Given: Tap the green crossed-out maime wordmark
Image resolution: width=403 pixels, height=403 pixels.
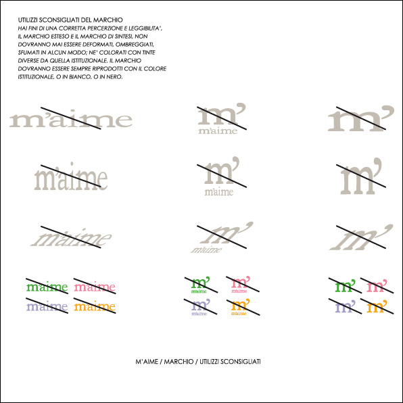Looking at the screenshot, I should point(47,287).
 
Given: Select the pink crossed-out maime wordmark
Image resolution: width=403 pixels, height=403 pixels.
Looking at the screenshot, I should point(95,287).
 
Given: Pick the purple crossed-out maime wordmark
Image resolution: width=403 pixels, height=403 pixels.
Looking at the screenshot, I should point(47,306).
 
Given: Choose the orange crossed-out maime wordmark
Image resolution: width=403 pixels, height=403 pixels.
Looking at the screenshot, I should point(95,306).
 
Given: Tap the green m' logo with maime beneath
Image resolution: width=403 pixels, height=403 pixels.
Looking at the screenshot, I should point(200,284).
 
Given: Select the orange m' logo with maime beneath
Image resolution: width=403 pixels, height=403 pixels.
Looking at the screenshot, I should point(240,306).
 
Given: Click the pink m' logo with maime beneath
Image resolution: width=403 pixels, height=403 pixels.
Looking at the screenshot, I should point(240,284).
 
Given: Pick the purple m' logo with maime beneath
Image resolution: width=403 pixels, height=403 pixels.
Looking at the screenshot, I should point(200,306).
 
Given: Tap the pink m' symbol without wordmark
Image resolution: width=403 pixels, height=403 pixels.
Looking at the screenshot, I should point(376,286).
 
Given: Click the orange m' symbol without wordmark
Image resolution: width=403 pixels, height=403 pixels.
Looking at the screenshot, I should point(376,306).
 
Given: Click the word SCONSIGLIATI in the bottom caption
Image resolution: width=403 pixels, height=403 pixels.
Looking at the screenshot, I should point(242,362).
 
